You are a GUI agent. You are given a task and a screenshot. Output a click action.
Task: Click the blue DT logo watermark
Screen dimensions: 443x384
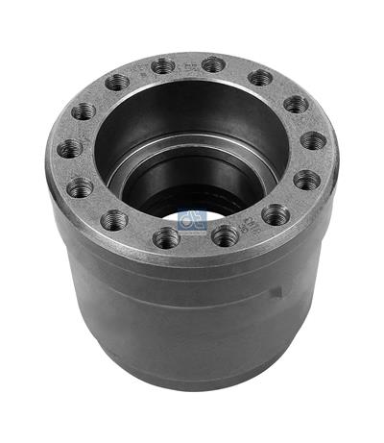tap(193, 219)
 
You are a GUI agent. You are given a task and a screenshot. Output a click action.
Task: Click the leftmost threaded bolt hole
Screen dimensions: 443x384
tap(70, 149)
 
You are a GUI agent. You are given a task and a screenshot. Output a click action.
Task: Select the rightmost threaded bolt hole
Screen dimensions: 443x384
tap(314, 140)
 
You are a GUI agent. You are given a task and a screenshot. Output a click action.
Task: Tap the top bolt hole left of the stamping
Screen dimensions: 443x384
tap(164, 65)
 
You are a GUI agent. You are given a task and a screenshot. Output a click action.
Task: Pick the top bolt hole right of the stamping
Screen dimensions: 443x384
tap(213, 64)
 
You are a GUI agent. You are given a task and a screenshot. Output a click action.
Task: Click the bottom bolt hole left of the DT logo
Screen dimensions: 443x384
tap(166, 236)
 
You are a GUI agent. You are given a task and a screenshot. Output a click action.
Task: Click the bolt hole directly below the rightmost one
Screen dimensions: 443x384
tap(307, 180)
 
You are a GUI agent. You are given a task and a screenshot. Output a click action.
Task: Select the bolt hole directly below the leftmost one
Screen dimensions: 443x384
tap(81, 187)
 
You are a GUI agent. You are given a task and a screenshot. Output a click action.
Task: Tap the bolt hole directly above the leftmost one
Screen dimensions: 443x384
tap(84, 111)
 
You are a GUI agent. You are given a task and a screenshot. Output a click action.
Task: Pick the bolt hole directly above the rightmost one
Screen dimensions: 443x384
tap(297, 104)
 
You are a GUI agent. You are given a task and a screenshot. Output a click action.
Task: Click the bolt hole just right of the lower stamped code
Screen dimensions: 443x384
tap(276, 214)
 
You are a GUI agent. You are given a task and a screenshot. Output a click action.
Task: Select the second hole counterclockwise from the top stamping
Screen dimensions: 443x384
tap(118, 83)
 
